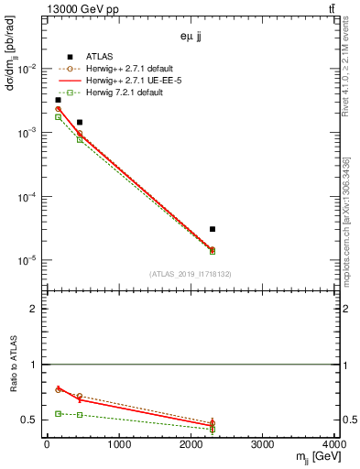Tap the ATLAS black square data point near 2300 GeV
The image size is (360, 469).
coord(213,229)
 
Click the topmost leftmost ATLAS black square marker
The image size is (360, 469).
coord(58,100)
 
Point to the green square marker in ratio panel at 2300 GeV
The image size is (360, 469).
coord(213,429)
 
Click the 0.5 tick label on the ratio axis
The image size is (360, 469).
coord(32,420)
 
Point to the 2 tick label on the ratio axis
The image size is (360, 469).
coord(36,309)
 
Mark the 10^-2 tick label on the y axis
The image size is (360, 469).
coord(28,70)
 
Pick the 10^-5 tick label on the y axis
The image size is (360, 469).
coord(28,261)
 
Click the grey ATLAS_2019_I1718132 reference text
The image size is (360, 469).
coord(191,274)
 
